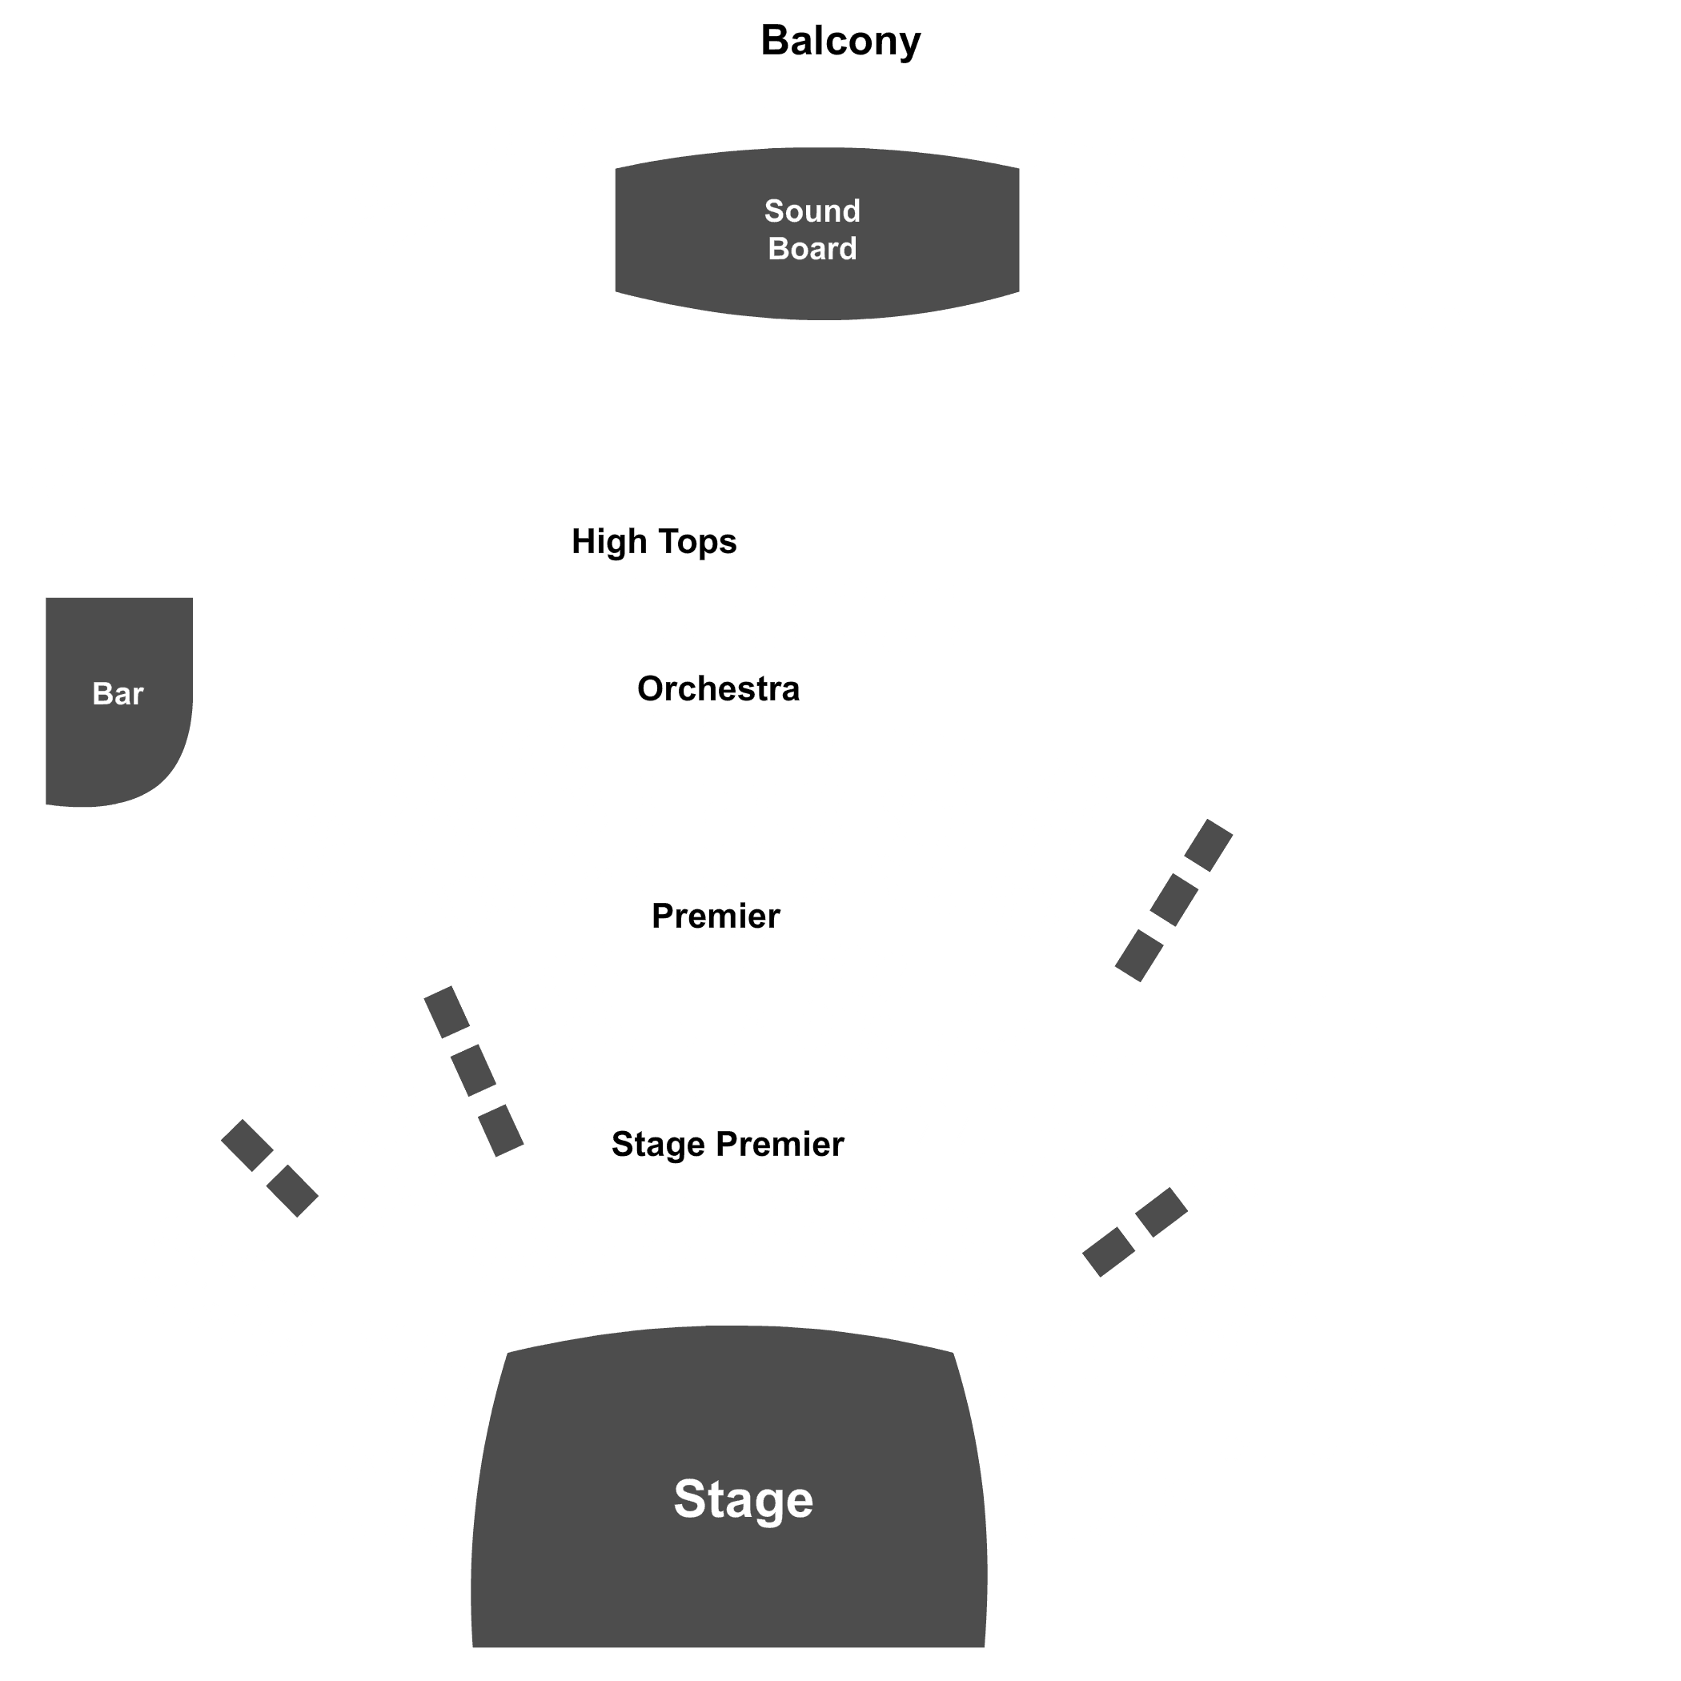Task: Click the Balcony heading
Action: click(x=840, y=41)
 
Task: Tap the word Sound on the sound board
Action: click(x=812, y=211)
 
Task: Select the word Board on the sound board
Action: click(x=812, y=249)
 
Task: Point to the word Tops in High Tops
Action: click(x=698, y=542)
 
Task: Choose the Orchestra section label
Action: click(x=718, y=689)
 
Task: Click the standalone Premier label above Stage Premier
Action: click(x=715, y=917)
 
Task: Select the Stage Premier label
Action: click(x=728, y=1144)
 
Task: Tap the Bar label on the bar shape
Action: click(x=118, y=694)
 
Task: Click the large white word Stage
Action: click(x=743, y=1499)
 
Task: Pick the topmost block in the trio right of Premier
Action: click(x=1209, y=845)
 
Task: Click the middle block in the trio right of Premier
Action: click(x=1173, y=900)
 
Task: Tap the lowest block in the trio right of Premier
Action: click(x=1139, y=955)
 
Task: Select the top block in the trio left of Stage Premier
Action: click(x=447, y=1012)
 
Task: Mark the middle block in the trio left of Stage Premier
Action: click(x=473, y=1071)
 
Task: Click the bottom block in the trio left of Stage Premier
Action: click(x=500, y=1130)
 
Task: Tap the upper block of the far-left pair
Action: click(x=247, y=1145)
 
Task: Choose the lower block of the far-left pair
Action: click(x=292, y=1190)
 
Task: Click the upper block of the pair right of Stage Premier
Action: click(x=1161, y=1212)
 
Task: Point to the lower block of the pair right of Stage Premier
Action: click(x=1109, y=1252)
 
